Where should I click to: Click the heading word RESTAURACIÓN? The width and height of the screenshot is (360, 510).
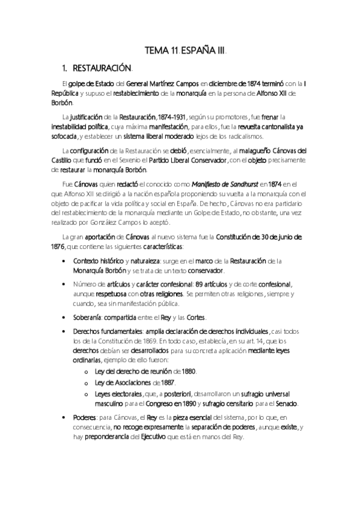coord(106,69)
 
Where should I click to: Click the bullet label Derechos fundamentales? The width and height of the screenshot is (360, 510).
coord(108,332)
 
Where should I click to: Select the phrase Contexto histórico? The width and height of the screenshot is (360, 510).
coord(99,261)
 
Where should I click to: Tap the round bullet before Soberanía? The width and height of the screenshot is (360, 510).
coord(64,318)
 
